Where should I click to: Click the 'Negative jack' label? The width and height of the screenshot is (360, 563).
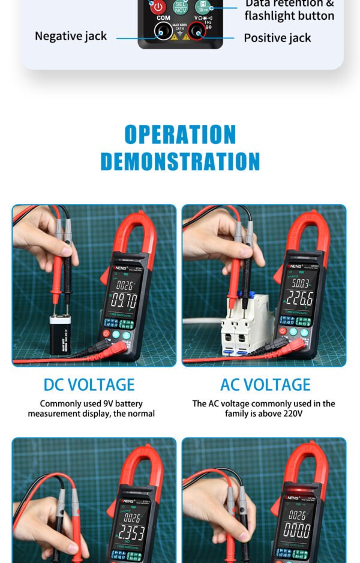pyautogui.click(x=71, y=36)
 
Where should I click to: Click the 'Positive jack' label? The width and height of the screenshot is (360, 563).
pyautogui.click(x=277, y=38)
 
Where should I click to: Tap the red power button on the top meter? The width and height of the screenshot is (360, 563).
pyautogui.click(x=158, y=7)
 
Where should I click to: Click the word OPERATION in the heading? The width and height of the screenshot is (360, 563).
pyautogui.click(x=180, y=134)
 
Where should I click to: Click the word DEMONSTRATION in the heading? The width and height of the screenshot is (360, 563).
pyautogui.click(x=180, y=161)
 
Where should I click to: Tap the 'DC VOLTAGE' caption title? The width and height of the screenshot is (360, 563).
pyautogui.click(x=89, y=384)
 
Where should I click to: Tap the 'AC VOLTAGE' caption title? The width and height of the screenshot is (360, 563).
pyautogui.click(x=265, y=384)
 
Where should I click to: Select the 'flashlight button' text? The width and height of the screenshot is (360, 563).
pyautogui.click(x=289, y=16)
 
